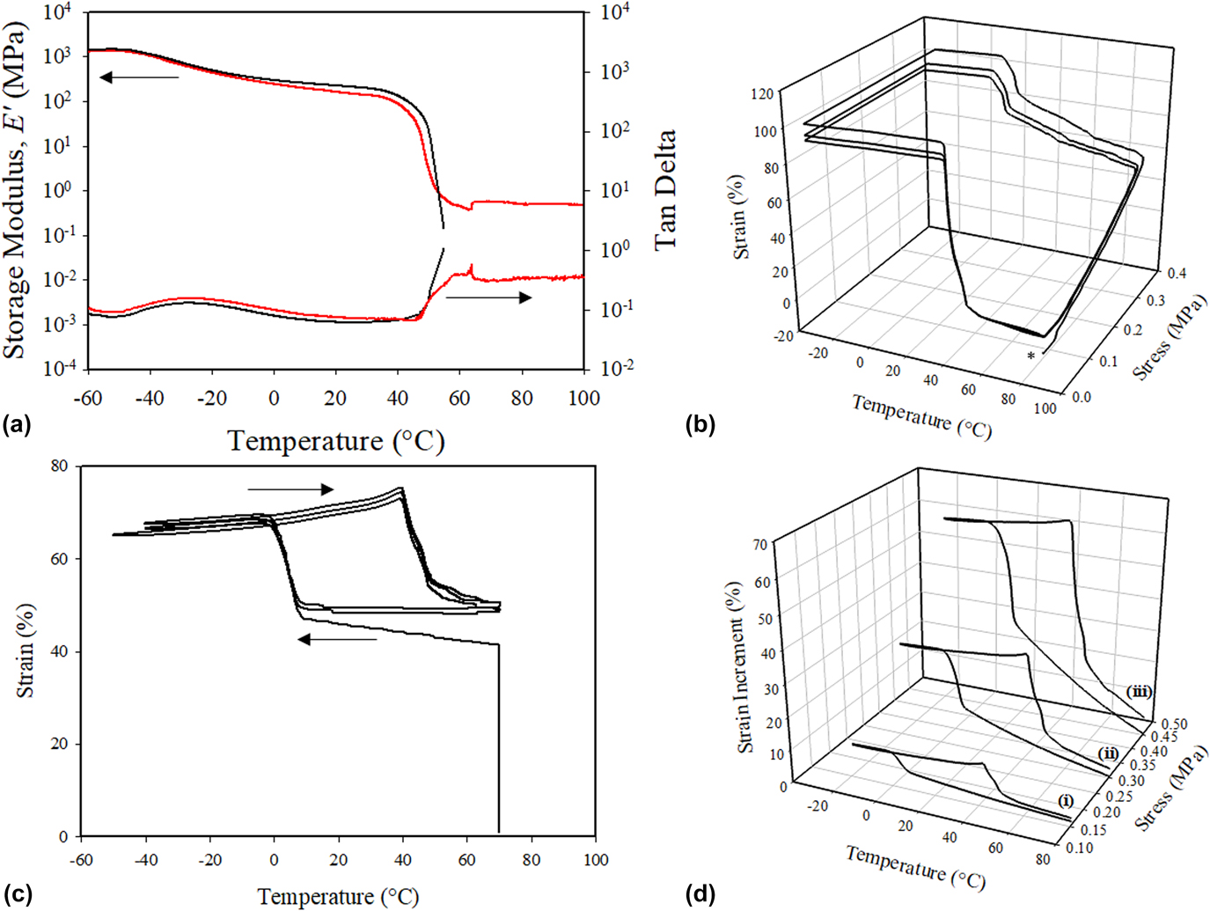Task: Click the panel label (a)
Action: [x=17, y=425]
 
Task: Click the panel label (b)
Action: [x=700, y=425]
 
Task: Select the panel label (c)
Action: [x=17, y=894]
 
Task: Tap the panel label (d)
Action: [x=700, y=894]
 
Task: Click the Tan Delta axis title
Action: [x=665, y=189]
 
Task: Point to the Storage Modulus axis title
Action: [x=15, y=189]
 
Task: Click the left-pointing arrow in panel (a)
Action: [x=139, y=77]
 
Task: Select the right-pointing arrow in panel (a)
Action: [x=488, y=298]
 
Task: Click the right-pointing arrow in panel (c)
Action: [x=290, y=489]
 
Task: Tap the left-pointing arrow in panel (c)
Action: [x=337, y=639]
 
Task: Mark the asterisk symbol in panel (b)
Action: [x=1031, y=356]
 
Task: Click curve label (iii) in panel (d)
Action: [x=1138, y=692]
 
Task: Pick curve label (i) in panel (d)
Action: [x=1066, y=800]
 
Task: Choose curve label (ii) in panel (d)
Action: [x=1107, y=753]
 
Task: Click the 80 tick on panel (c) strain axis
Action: [x=59, y=466]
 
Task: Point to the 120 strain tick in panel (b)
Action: [x=762, y=94]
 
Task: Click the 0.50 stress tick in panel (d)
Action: [x=1174, y=724]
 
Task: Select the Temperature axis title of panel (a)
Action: [x=336, y=440]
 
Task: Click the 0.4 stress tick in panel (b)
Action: [x=1176, y=274]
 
